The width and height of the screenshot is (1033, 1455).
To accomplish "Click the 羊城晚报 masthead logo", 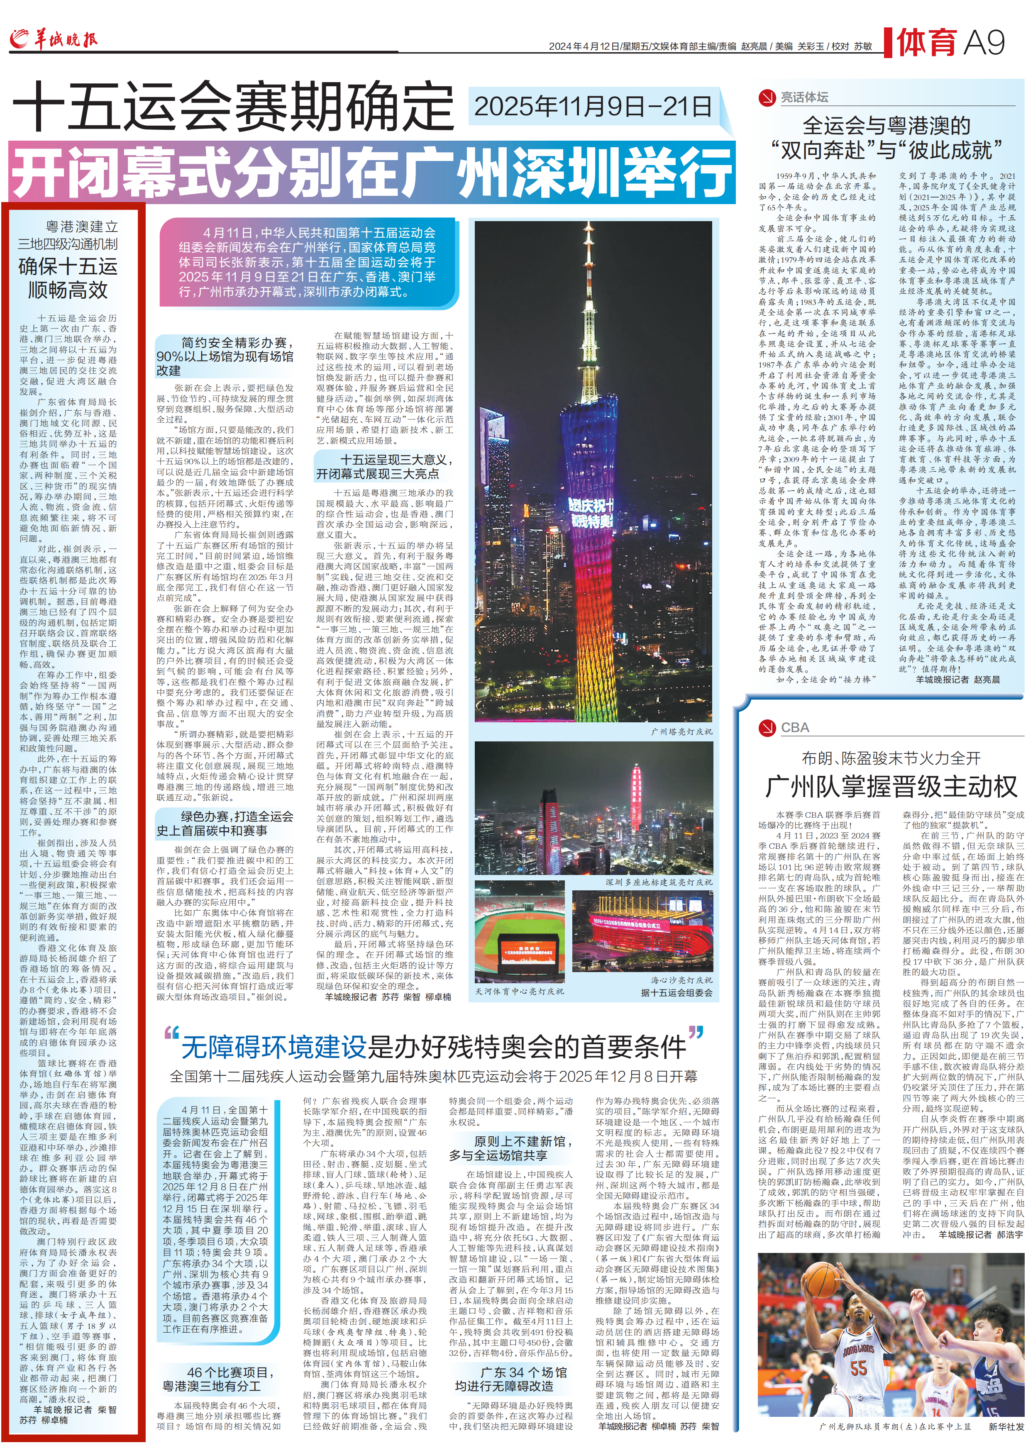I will pyautogui.click(x=54, y=39).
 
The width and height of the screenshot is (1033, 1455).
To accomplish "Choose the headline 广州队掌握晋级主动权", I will pyautogui.click(x=891, y=787).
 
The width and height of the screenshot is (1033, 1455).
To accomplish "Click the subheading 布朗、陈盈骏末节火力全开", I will pyautogui.click(x=891, y=758).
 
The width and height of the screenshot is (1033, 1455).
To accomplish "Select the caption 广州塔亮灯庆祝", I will pyautogui.click(x=681, y=731).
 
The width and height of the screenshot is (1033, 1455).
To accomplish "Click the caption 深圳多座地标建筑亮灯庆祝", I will pyautogui.click(x=658, y=882).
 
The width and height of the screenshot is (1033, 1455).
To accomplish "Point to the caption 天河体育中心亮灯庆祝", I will pyautogui.click(x=519, y=991).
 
